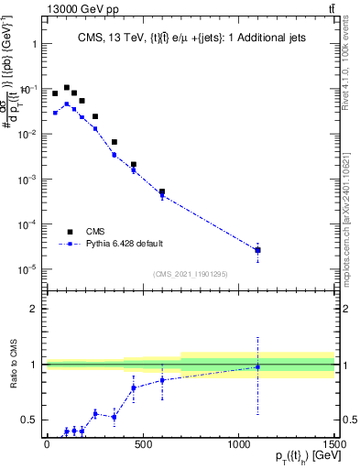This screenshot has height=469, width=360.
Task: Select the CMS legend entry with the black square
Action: (71, 232)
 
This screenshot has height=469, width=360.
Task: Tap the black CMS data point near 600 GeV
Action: (162, 192)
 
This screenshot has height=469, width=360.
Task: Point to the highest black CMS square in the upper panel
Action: (67, 88)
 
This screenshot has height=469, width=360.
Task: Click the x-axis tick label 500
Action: (143, 445)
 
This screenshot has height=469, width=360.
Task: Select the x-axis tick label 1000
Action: (239, 445)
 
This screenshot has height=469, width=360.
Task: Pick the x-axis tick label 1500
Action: (335, 445)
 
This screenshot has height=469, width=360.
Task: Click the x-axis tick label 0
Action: (47, 445)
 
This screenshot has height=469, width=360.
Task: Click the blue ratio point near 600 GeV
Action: (162, 380)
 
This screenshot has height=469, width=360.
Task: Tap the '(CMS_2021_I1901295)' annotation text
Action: (191, 274)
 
